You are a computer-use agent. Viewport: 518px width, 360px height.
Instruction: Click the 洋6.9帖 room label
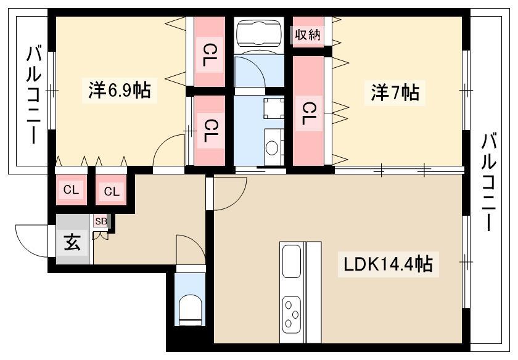coord(119,91)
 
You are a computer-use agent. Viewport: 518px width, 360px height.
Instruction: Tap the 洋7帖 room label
coord(395,93)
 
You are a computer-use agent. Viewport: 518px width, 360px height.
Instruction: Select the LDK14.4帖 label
coord(388,264)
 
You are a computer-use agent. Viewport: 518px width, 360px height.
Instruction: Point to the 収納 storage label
coord(308,35)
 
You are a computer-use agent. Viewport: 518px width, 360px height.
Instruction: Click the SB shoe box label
coord(101,221)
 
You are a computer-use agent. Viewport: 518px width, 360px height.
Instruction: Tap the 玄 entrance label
coord(72,243)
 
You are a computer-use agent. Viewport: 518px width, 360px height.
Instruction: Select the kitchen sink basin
coord(292,261)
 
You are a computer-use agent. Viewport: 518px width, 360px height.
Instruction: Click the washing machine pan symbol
coord(274,108)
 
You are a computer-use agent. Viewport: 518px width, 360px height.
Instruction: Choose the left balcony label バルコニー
coord(34,95)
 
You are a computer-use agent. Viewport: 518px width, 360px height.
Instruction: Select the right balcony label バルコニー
coord(488,182)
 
